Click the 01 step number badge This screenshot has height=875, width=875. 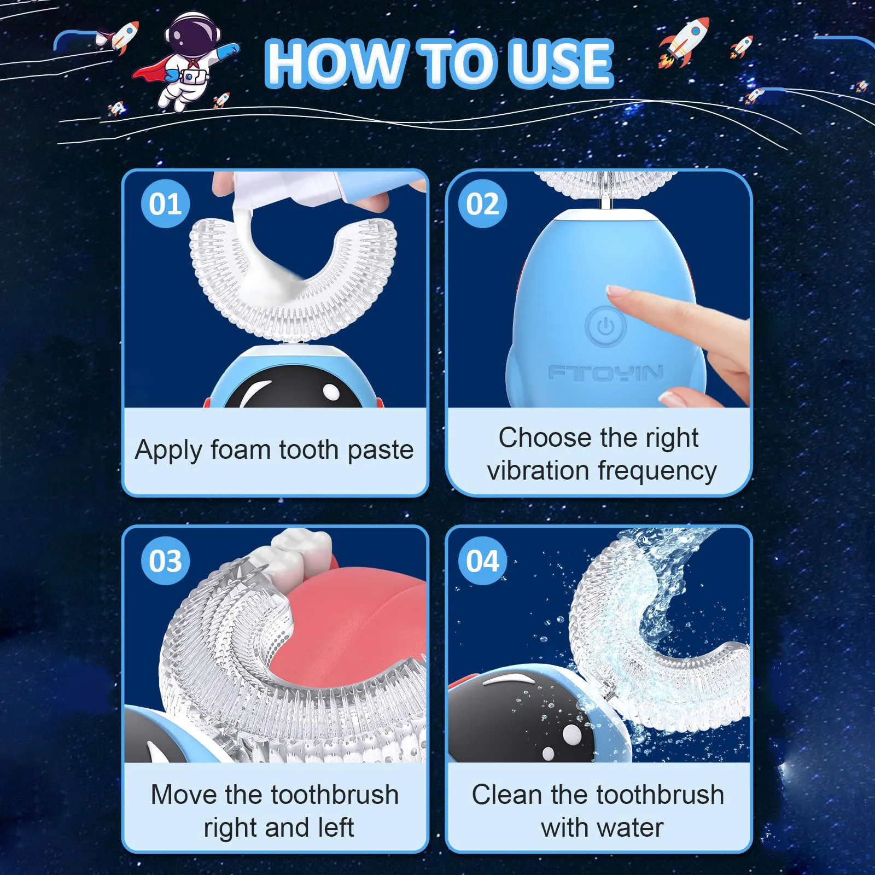(165, 204)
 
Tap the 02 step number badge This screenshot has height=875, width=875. (482, 204)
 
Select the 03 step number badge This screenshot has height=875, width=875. (165, 561)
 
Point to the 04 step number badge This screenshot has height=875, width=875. (482, 561)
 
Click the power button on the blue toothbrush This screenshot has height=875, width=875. (605, 327)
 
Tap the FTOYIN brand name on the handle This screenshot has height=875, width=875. (606, 373)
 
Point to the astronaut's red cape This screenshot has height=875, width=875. (150, 71)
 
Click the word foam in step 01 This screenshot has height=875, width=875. (241, 450)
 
